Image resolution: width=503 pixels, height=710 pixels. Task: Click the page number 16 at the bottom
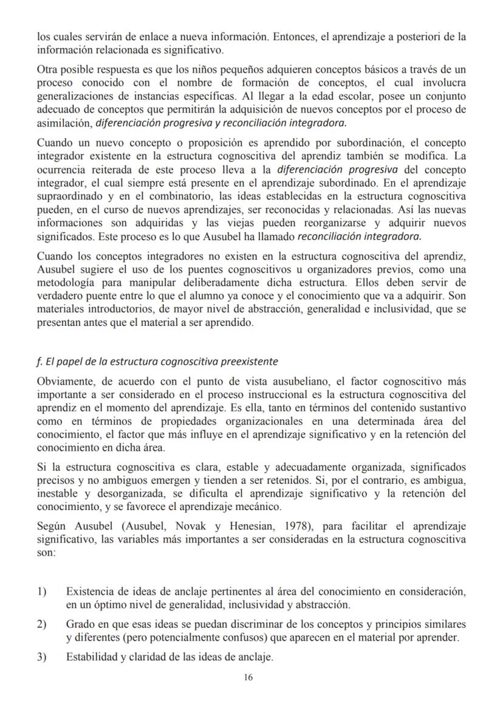click(x=248, y=677)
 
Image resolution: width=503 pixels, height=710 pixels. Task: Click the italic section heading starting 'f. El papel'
click(x=157, y=361)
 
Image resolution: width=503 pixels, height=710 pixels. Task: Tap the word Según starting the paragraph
click(x=52, y=525)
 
